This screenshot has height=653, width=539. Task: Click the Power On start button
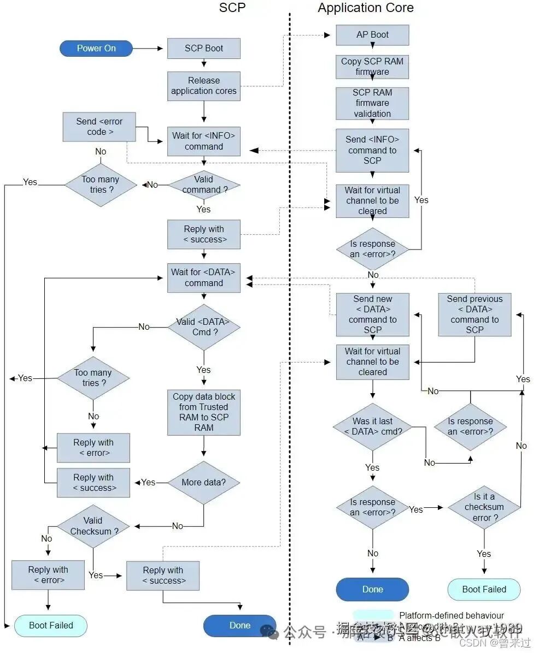tap(96, 48)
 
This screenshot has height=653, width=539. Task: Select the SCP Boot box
tap(203, 48)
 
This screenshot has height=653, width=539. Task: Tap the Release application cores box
tap(203, 86)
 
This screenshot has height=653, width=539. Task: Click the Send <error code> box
tap(99, 127)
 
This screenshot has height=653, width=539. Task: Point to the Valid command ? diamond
tap(203, 185)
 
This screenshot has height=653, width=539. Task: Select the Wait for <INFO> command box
tap(203, 141)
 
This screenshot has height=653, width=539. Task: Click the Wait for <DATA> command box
tap(203, 277)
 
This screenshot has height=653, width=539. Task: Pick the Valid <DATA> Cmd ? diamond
tap(203, 327)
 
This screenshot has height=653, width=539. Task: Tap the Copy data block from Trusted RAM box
tap(203, 412)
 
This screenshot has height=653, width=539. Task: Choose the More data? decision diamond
tap(203, 482)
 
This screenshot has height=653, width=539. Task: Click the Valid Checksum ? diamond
tap(93, 526)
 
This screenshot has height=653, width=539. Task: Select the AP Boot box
tap(372, 34)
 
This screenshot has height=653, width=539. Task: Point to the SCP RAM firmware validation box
tap(372, 103)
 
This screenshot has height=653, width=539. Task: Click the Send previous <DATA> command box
tap(474, 314)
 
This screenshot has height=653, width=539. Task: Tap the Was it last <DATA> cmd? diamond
tap(372, 426)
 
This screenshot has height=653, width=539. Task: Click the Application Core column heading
tap(365, 8)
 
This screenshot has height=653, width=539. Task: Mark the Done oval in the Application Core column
tap(372, 589)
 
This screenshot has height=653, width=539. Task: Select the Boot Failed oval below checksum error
tap(484, 589)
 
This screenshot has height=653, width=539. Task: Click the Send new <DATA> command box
tap(372, 314)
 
